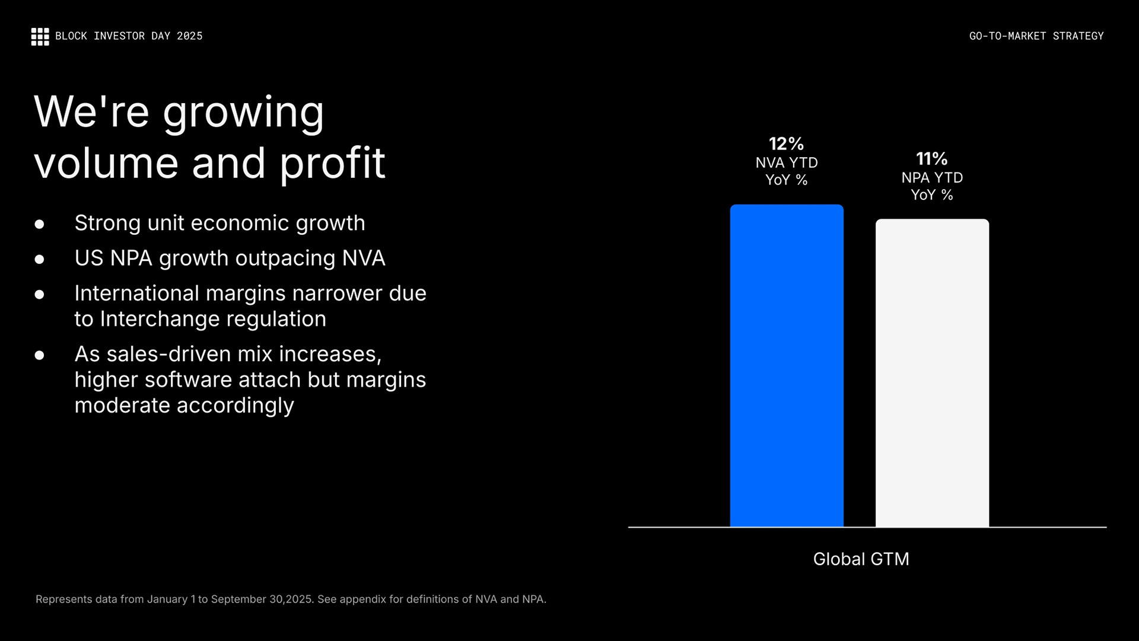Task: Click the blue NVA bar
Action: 787,365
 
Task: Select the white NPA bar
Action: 932,372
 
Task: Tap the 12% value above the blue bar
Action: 786,143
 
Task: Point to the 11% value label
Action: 931,159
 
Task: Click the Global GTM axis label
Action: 861,559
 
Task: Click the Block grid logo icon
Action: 40,36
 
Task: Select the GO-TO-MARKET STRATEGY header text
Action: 1036,36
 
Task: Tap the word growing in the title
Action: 243,113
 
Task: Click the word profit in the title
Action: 332,163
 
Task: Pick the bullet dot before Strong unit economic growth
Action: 40,224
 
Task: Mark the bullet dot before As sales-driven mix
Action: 40,355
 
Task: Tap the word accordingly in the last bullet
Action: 235,406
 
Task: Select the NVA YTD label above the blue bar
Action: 786,162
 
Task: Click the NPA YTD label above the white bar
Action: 931,178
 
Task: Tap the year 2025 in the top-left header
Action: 189,36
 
